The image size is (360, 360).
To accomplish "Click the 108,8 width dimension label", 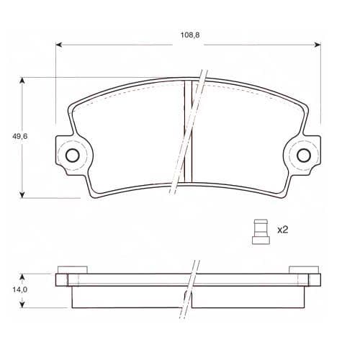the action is (190, 35).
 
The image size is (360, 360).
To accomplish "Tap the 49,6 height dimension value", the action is (20, 136).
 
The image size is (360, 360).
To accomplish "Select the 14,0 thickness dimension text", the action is (20, 289).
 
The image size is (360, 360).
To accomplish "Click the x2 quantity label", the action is (282, 230).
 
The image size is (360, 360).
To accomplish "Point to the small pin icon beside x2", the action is (261, 232).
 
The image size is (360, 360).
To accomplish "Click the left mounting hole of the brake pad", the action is (72, 156).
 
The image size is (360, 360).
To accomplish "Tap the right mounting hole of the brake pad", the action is (304, 156).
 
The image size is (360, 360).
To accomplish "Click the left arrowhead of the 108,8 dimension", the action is (59, 45).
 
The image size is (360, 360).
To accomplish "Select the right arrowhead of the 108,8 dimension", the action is (318, 45).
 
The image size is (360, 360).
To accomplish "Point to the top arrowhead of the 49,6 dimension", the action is (22, 81).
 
